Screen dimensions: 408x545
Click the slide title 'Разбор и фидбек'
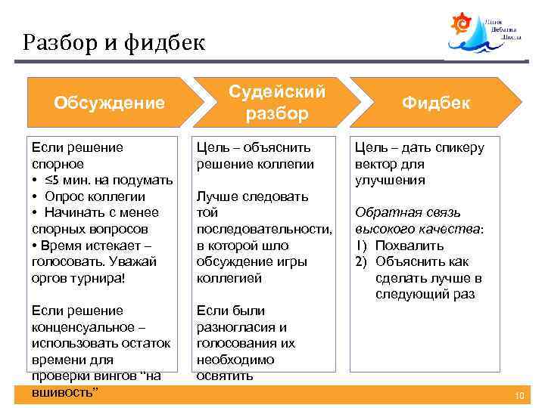pos(114,42)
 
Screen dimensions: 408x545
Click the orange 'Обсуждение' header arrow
pos(110,102)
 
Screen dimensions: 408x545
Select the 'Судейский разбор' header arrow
pos(278,102)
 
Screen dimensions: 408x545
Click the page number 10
pos(519,396)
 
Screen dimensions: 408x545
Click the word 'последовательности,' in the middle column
pos(264,229)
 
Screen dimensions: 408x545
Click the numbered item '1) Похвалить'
pos(400,246)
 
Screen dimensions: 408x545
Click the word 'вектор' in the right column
pos(377,164)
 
